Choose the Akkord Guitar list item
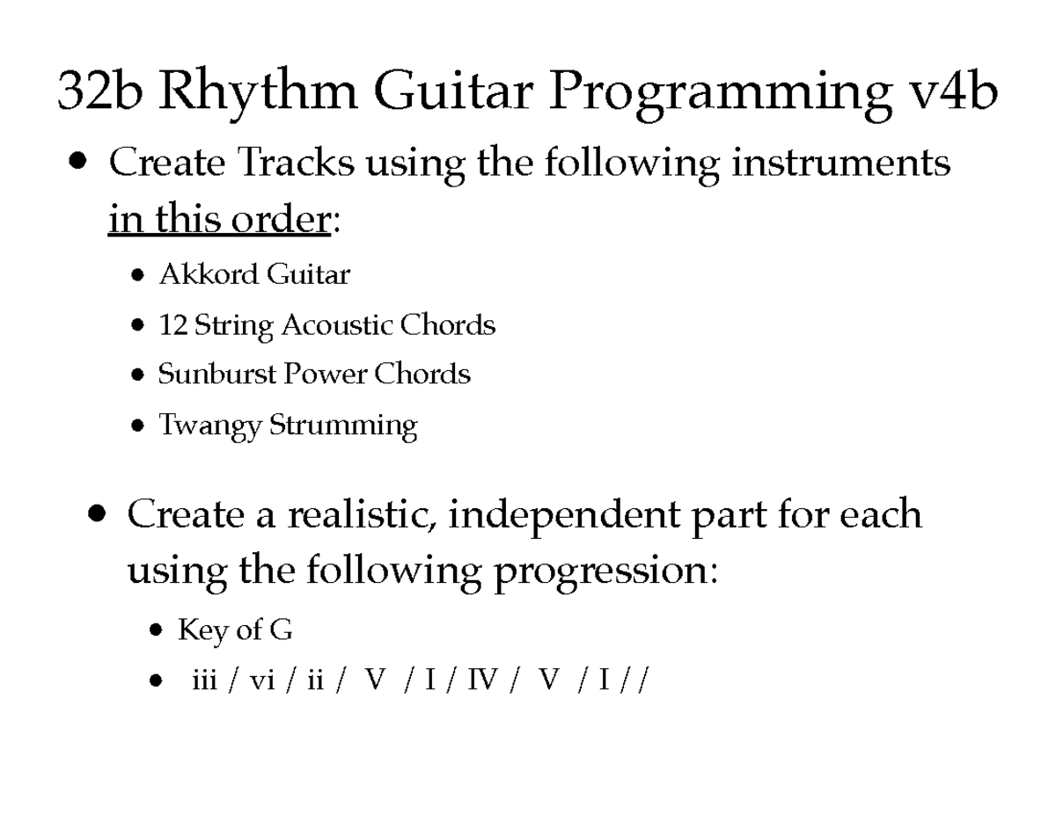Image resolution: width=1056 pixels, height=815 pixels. click(253, 275)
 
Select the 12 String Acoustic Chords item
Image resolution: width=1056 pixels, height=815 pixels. click(326, 325)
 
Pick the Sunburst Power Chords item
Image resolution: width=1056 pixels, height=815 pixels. click(314, 375)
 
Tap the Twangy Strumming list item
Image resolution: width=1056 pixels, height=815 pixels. click(287, 426)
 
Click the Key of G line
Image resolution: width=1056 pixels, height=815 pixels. click(234, 629)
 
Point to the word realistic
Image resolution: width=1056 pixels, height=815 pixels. click(362, 514)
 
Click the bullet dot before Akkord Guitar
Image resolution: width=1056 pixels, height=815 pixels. click(138, 276)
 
